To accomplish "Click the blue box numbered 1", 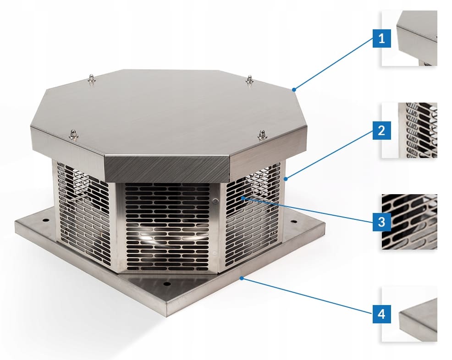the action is coord(382,38).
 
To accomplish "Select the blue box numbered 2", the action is coord(382,131).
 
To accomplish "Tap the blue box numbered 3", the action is coord(382,222).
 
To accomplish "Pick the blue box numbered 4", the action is coord(382,314).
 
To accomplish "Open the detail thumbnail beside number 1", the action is coord(409,38).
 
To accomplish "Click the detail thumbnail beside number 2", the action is coord(409,130).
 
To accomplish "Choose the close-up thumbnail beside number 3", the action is coord(409,222).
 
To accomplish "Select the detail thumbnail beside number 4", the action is coord(409,314).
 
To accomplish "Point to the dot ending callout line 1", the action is coord(294,90).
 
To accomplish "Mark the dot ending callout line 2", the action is coord(286,179).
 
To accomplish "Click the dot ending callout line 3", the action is coord(243,198).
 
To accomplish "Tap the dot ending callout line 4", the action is coord(242,278).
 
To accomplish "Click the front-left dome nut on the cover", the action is coord(73,135).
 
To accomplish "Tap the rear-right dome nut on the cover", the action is coord(250,80).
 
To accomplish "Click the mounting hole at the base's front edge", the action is coord(166,284).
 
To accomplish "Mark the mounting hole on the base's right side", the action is coord(293,222).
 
